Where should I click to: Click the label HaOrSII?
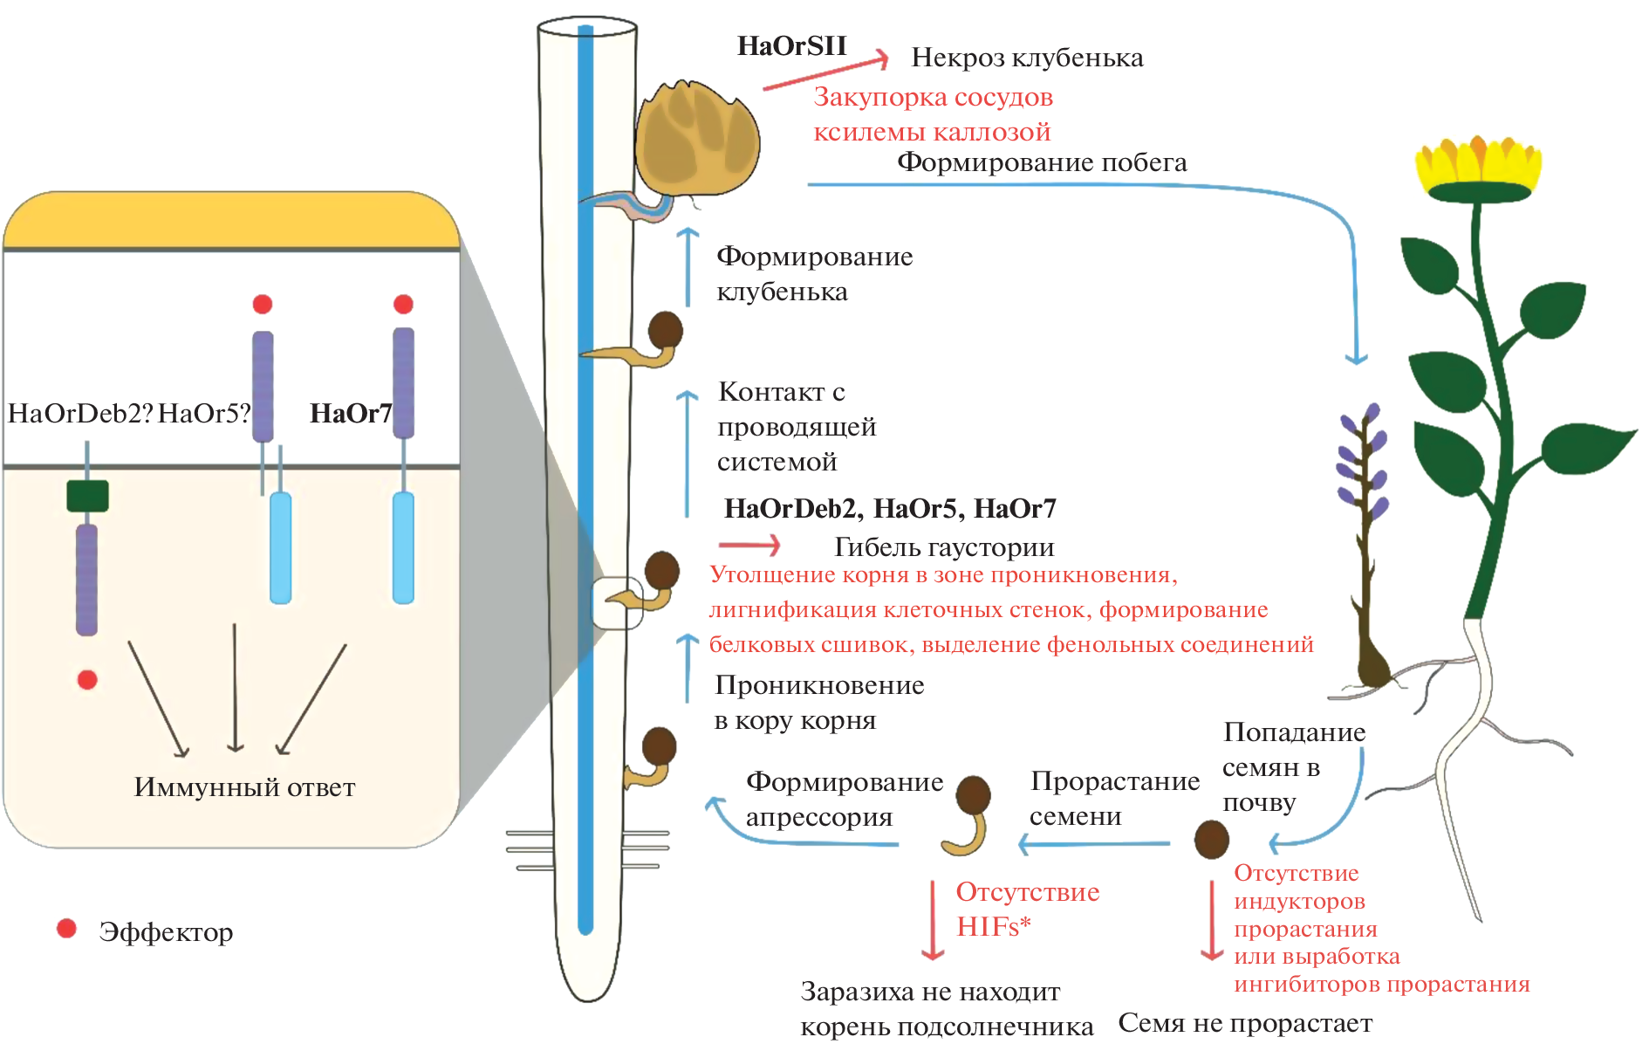[791, 45]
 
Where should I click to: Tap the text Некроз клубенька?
[1027, 58]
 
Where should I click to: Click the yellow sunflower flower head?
[1478, 168]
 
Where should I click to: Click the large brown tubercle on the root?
[696, 140]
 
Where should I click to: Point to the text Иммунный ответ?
[244, 787]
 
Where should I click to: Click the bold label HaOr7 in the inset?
[351, 413]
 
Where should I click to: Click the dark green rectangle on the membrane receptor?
[87, 496]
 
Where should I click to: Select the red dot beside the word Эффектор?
[66, 928]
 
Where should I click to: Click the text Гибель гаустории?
[944, 547]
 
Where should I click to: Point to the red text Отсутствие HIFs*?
[1027, 909]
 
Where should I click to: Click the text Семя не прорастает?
[1245, 1023]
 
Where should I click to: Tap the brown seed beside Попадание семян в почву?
[1211, 839]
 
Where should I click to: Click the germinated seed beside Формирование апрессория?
[969, 815]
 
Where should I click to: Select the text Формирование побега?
[1042, 162]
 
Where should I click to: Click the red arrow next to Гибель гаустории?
[749, 546]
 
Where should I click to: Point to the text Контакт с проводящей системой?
[797, 427]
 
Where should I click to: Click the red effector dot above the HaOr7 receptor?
[403, 304]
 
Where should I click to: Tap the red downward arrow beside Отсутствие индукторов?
[1212, 921]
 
